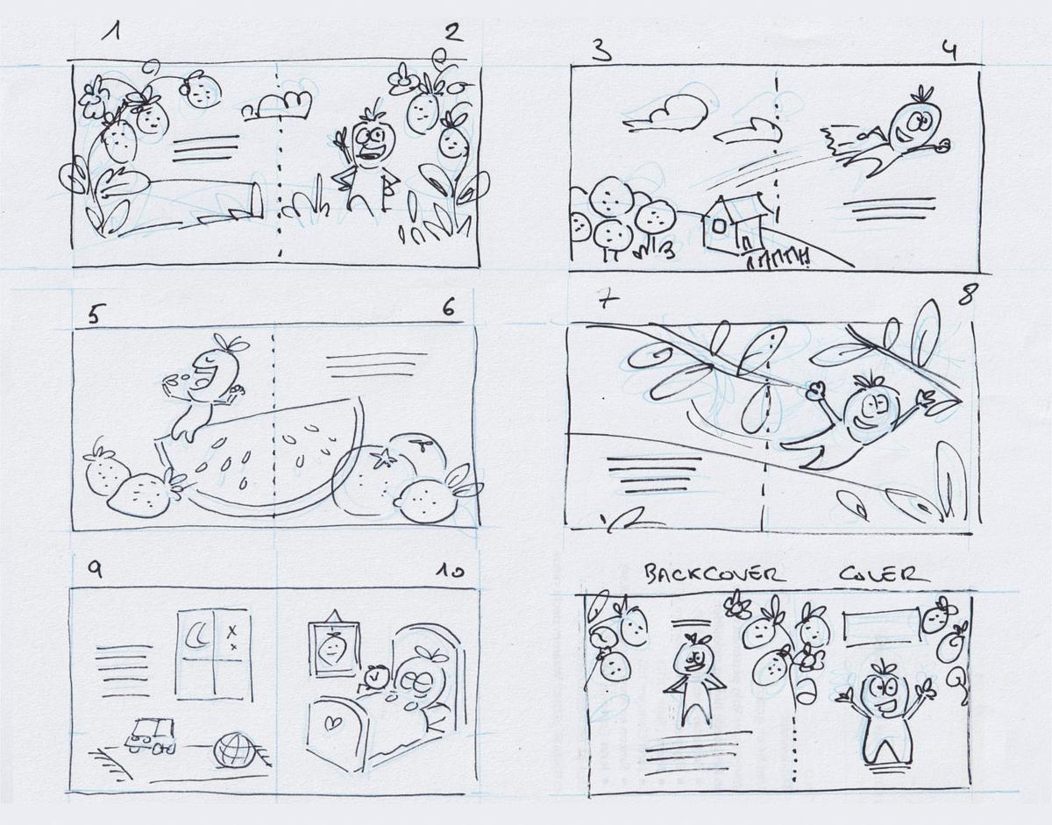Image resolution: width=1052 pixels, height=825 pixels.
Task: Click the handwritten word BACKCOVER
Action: click(712, 574)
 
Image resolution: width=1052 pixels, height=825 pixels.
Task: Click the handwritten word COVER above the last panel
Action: click(884, 574)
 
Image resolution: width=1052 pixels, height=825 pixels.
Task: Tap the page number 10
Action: click(449, 572)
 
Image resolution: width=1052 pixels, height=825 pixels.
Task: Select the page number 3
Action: click(601, 49)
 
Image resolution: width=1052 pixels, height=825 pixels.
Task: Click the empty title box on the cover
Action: click(882, 629)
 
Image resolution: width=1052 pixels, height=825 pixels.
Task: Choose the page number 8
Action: click(965, 295)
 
